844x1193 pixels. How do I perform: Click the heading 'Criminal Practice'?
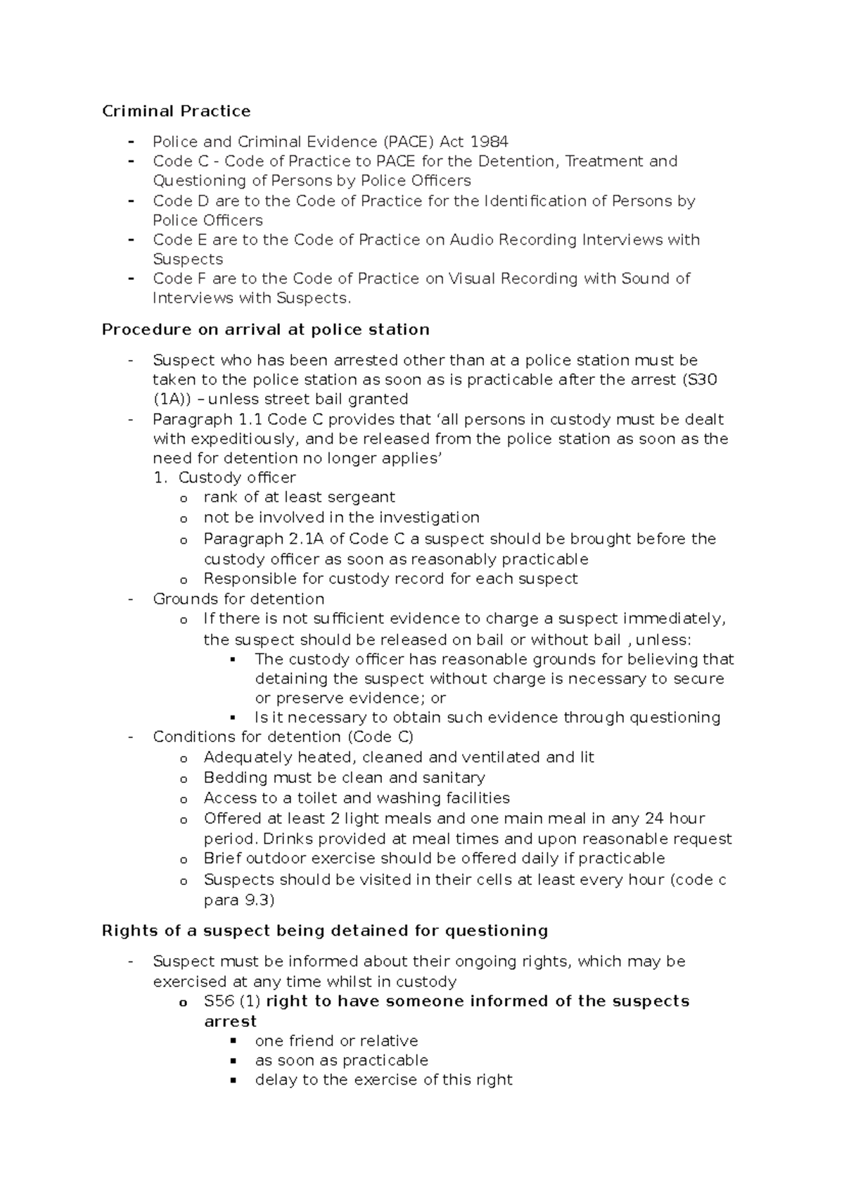coord(176,111)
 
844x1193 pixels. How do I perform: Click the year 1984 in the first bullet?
coord(489,141)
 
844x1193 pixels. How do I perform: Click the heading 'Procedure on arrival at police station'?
coord(265,329)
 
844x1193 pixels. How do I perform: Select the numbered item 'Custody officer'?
coord(237,478)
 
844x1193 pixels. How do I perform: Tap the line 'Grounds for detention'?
coord(238,599)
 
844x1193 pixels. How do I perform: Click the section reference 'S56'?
coord(219,1001)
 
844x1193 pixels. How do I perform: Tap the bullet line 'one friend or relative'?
coord(336,1040)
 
